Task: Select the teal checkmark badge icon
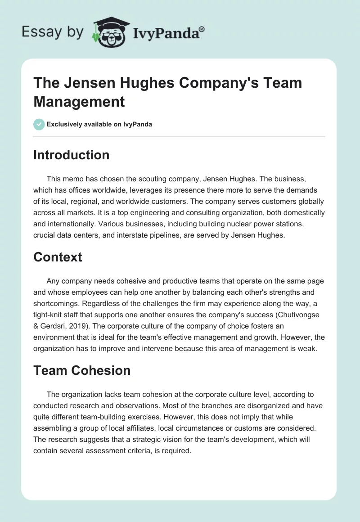coord(39,124)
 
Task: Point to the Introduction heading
coord(72,155)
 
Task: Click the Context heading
coord(58,257)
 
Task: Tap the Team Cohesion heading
coord(82,370)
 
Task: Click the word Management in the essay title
coord(79,101)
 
